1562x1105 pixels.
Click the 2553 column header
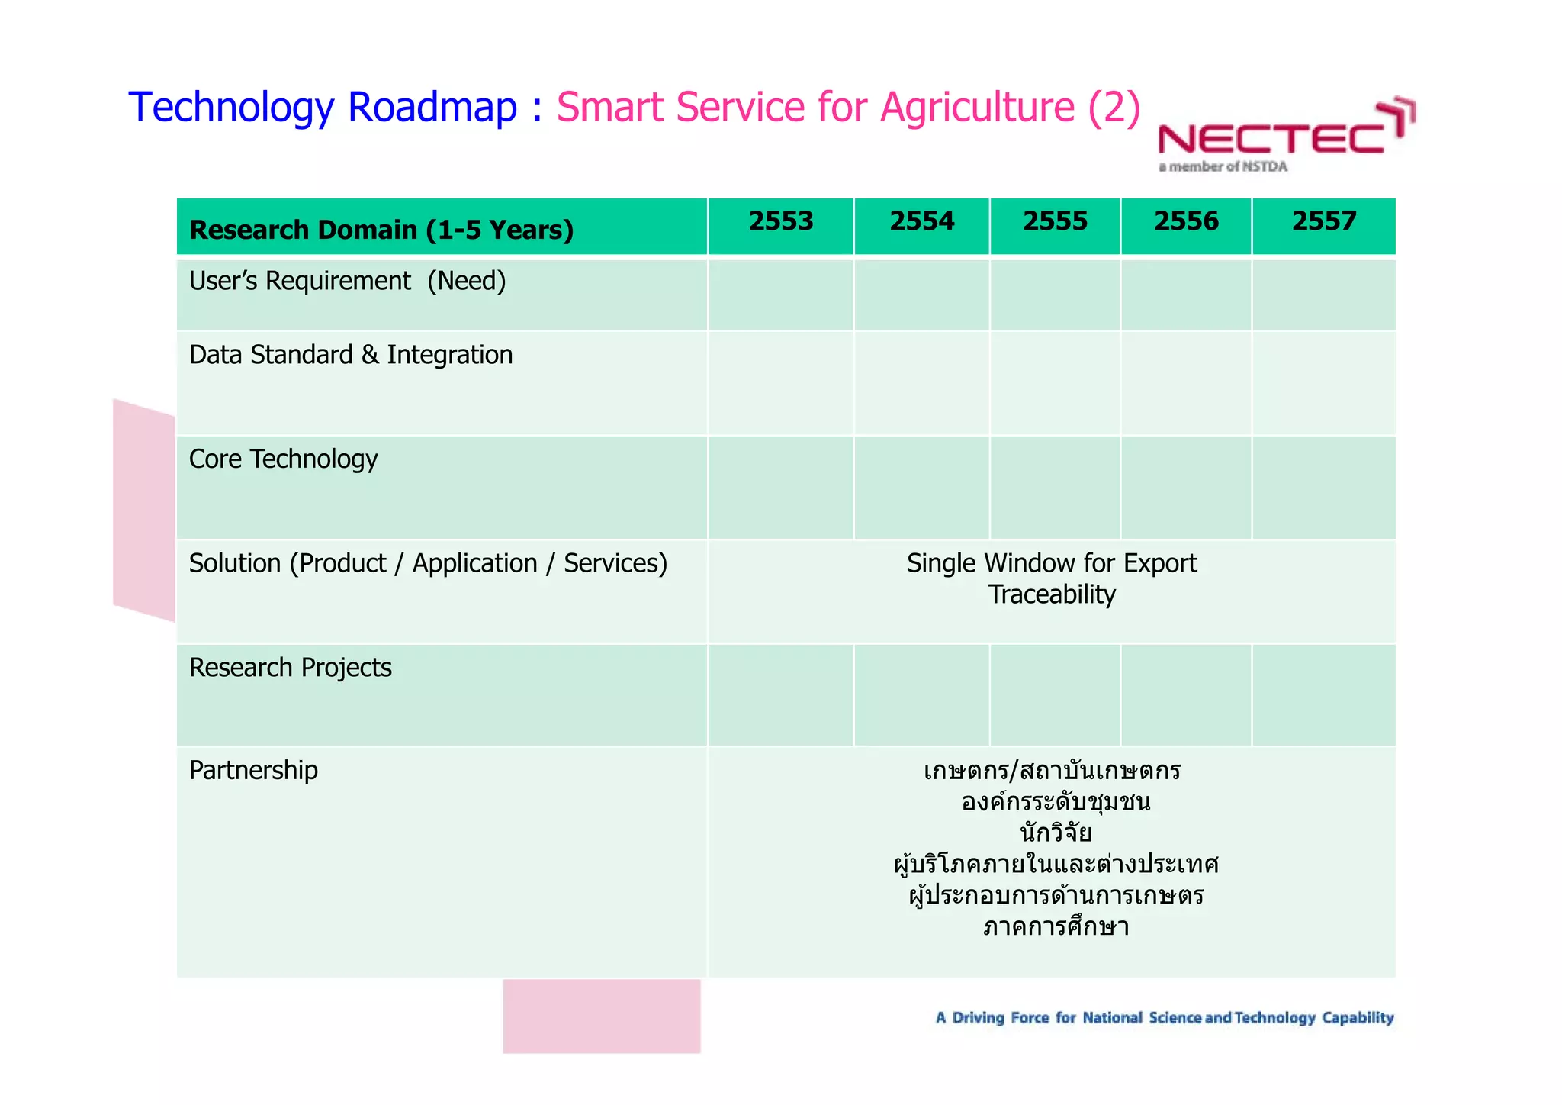pyautogui.click(x=780, y=221)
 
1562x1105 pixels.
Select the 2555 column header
pyautogui.click(x=1055, y=221)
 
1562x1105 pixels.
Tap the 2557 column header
pyautogui.click(x=1323, y=221)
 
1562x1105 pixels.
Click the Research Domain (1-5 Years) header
pyautogui.click(x=381, y=230)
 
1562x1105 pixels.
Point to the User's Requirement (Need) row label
pyautogui.click(x=347, y=281)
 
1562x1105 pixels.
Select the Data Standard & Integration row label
pyautogui.click(x=350, y=355)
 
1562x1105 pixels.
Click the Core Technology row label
pyautogui.click(x=283, y=459)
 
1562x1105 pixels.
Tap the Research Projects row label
pyautogui.click(x=290, y=668)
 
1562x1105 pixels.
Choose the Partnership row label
pyautogui.click(x=253, y=770)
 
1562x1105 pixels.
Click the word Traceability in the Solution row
pyautogui.click(x=1051, y=594)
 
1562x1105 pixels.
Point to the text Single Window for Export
pyautogui.click(x=1051, y=563)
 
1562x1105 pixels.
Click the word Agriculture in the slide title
pyautogui.click(x=977, y=107)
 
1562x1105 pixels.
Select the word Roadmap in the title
pyautogui.click(x=432, y=107)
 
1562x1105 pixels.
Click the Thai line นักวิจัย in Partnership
pyautogui.click(x=1056, y=833)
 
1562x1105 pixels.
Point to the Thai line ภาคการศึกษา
pyautogui.click(x=1056, y=926)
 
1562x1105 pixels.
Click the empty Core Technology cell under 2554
pyautogui.click(x=921, y=488)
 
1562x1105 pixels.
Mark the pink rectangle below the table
pyautogui.click(x=601, y=1016)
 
